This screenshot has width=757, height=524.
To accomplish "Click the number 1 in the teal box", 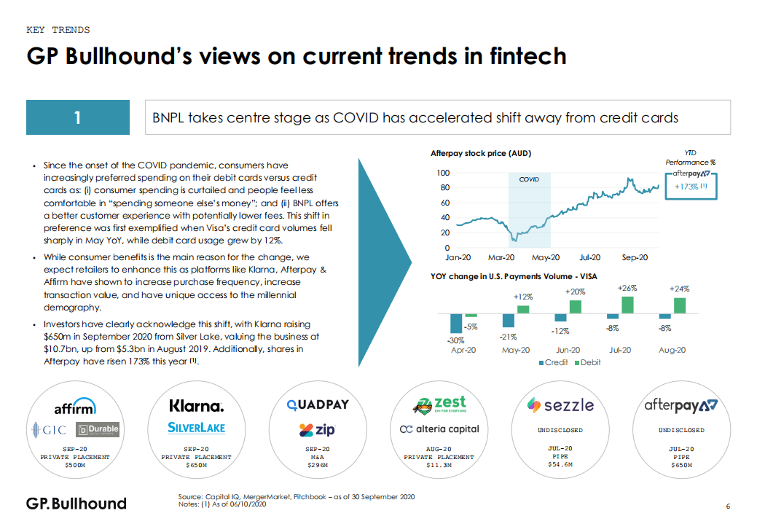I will pos(77,117).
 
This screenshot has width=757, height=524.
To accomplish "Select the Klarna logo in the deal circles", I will pos(196,405).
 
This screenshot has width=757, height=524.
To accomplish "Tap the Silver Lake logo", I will pos(196,427).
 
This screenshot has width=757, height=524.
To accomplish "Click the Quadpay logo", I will pos(318,404).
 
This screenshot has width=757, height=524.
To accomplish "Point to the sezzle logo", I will pos(560,404).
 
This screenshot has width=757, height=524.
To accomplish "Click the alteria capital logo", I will pos(439,429).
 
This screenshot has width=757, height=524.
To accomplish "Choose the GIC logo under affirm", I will pos(50,429).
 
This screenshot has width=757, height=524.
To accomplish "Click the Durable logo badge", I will pos(98,429).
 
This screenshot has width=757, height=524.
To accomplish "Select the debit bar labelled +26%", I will pos(627,305).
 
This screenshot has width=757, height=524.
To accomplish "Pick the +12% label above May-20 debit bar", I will pos(522,297).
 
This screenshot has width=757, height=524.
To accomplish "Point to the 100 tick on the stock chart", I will pos(444,173).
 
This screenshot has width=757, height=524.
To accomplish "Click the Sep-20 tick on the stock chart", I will pos(635,257).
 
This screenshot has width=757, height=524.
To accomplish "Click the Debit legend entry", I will pos(587,362).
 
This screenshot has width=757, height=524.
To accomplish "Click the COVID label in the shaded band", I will pos(529,179).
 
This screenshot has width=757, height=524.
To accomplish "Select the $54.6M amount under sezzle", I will pos(560,464).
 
